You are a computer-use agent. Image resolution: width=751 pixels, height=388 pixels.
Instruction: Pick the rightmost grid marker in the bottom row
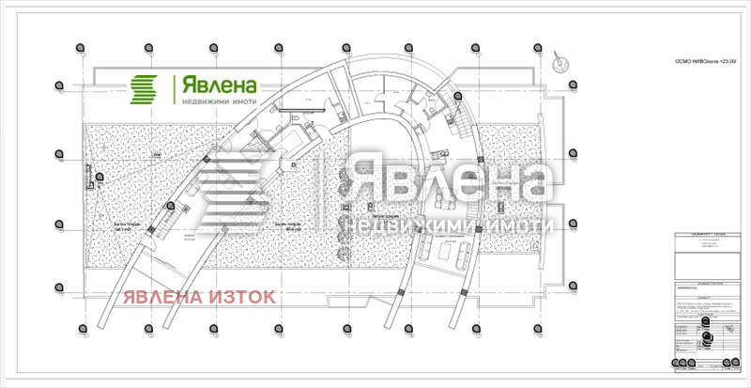point(538,327)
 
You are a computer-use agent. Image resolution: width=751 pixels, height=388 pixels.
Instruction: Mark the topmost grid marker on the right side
point(572,85)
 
